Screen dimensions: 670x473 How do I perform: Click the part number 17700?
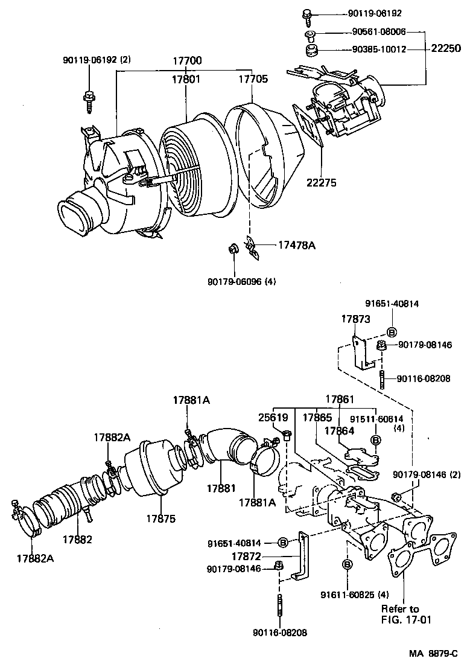click(x=188, y=61)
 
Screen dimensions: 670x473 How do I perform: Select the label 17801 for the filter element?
click(x=186, y=78)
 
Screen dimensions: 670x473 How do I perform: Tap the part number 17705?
click(x=253, y=78)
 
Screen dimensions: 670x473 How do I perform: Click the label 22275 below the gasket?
click(x=322, y=183)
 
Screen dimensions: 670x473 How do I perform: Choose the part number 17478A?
click(x=297, y=245)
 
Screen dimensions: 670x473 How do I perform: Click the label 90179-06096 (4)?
click(x=241, y=281)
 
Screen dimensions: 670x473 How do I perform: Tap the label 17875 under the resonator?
click(x=159, y=518)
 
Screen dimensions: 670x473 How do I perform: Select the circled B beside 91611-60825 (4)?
click(x=347, y=564)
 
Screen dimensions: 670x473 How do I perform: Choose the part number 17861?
click(x=340, y=399)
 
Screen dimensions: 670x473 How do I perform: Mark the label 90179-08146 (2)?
click(x=429, y=476)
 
